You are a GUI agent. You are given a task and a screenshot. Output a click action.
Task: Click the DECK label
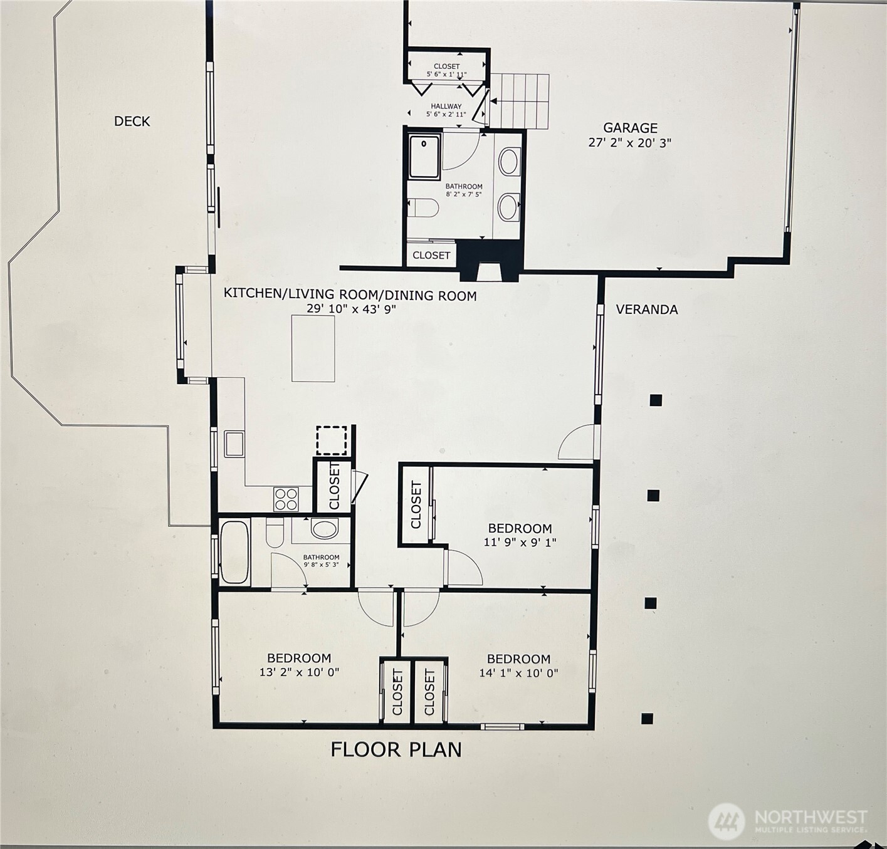[x=132, y=121]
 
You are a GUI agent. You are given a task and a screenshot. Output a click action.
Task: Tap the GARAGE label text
[x=630, y=128]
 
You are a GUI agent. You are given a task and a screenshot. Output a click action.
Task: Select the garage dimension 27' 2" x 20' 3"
[x=629, y=143]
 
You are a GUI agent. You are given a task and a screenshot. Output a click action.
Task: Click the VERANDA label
[x=646, y=310]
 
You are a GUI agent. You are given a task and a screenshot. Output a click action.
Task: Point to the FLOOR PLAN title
[x=396, y=749]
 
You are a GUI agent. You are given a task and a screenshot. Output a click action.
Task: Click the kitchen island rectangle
[x=313, y=348]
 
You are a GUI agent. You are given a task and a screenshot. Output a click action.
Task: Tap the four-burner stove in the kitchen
[x=286, y=499]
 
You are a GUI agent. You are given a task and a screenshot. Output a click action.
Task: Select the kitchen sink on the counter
[x=234, y=444]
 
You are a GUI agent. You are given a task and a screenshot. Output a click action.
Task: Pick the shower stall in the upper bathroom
[x=424, y=156]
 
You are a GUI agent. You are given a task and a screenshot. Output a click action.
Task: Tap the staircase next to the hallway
[x=519, y=101]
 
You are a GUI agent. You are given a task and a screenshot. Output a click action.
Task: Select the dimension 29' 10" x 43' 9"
[x=351, y=309]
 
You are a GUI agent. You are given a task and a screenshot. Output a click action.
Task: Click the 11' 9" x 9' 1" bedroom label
[x=520, y=535]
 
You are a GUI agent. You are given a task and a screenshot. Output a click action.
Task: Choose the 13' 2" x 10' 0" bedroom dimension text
[x=299, y=672]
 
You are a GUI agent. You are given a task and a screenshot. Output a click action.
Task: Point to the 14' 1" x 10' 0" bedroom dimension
[x=518, y=673]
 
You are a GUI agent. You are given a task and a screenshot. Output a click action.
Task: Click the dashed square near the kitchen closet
[x=331, y=440]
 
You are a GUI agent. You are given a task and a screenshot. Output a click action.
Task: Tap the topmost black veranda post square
[x=656, y=400]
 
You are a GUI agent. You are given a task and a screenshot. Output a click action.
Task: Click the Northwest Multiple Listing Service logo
[x=788, y=821]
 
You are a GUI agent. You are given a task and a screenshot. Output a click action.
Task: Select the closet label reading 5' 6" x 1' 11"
[x=446, y=70]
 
